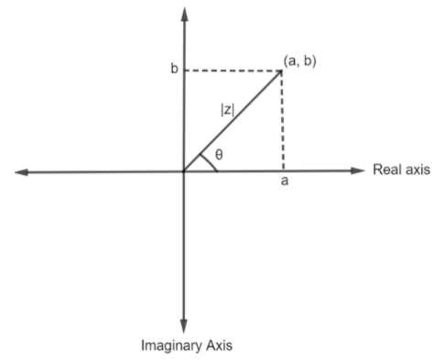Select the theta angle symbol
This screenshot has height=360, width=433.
point(220,154)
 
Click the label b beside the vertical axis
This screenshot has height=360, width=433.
point(174,70)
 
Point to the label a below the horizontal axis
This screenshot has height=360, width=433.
point(284,181)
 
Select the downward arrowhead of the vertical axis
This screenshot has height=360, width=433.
point(185,328)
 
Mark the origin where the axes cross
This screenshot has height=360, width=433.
point(185,171)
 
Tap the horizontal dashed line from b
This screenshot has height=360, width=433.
point(233,70)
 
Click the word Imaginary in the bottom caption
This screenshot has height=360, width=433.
point(171,346)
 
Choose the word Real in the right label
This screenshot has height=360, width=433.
point(384,170)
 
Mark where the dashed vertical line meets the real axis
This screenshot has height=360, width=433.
point(281,171)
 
